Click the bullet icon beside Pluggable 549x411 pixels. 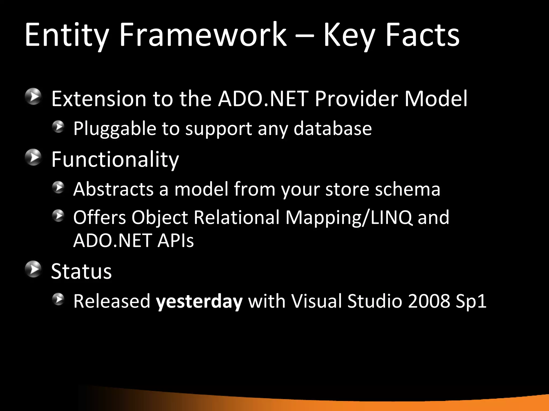58,127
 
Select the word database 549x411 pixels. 333,129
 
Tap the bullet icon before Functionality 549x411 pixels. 34,158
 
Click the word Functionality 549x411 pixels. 115,160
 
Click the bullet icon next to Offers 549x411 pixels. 58,216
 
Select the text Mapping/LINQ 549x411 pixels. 348,218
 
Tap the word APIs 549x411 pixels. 175,241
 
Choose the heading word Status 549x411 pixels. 81,271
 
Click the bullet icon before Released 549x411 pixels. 58,299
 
